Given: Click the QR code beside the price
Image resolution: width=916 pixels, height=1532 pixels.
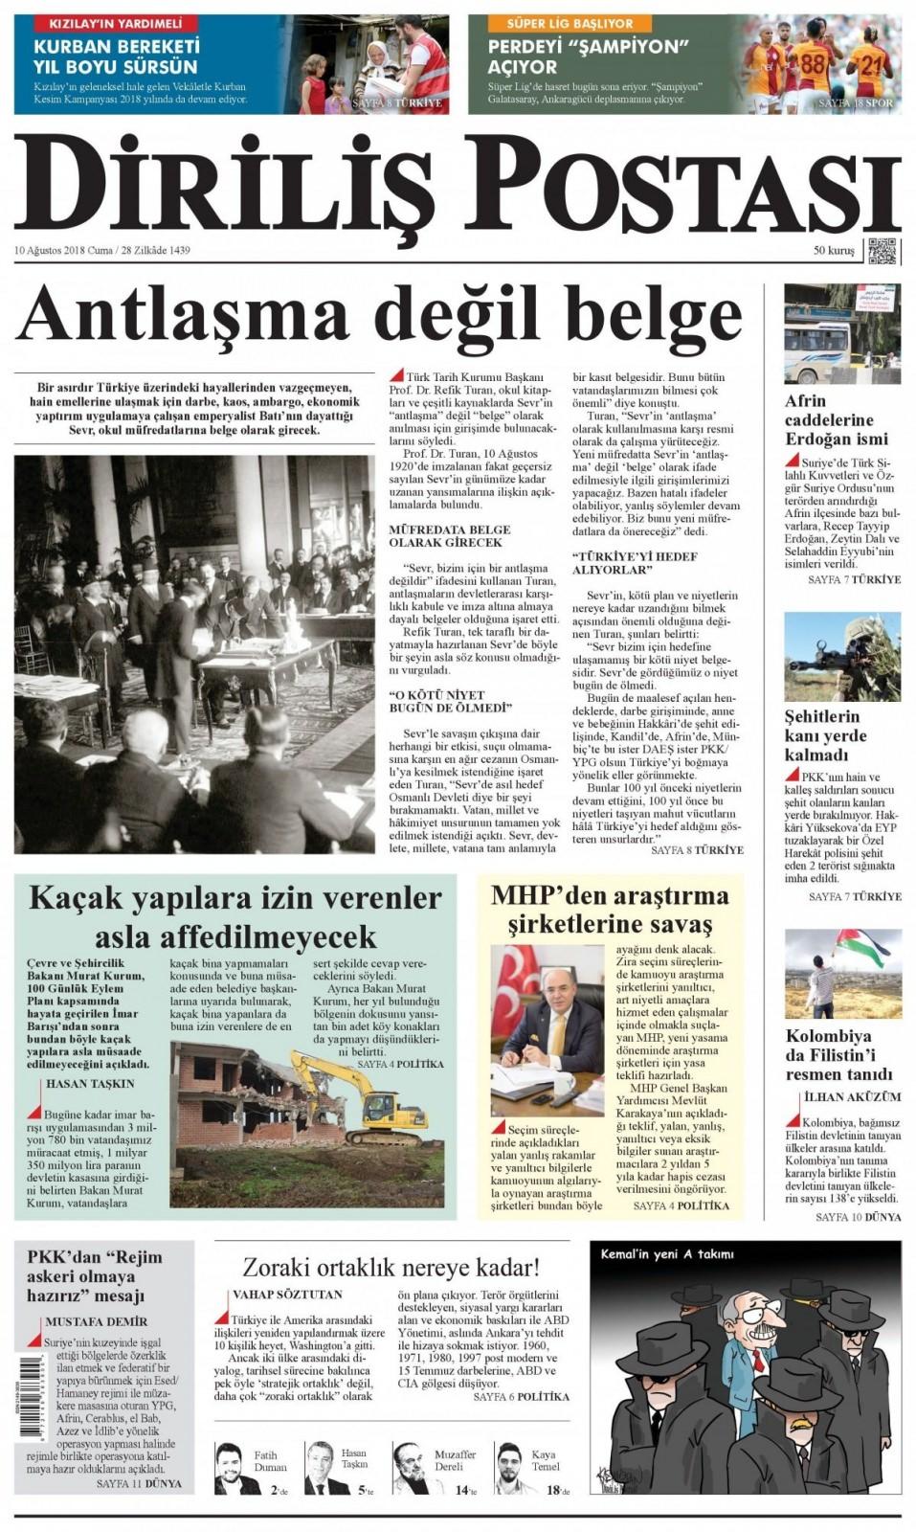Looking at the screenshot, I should pos(882,251).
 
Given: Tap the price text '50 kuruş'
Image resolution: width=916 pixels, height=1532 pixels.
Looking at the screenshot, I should pos(833,251).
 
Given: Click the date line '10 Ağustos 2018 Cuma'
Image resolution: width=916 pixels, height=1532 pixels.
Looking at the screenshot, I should pos(63,251).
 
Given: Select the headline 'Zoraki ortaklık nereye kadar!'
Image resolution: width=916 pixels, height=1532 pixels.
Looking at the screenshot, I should pos(391,1268).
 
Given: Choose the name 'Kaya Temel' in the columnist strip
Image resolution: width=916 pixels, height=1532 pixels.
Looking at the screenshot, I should pos(544,1461).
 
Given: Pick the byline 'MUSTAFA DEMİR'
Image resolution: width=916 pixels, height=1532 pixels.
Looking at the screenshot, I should pos(96,1322).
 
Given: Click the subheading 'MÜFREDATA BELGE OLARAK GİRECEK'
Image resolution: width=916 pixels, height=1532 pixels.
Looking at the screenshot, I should pos(449,535).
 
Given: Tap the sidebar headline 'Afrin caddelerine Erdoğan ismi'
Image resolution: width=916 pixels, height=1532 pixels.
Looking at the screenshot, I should pos(829,419).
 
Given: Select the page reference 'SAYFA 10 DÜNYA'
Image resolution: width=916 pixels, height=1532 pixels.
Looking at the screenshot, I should pos(858,1217).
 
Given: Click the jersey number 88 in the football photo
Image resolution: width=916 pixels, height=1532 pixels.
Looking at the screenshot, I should pos(812,63).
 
